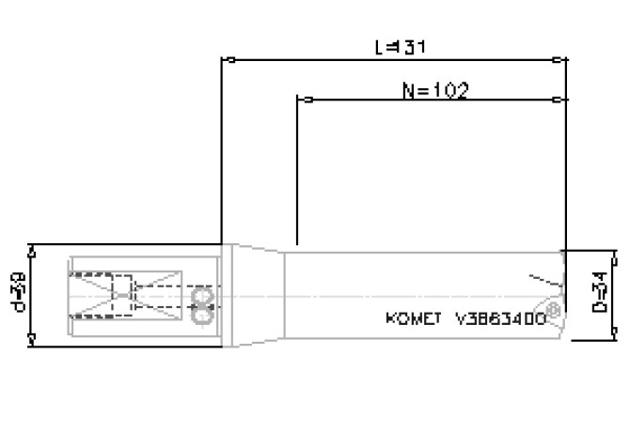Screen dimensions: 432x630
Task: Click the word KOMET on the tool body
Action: coord(413,318)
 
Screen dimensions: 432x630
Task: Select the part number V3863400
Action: coord(500,318)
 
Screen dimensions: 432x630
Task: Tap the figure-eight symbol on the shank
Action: coord(200,307)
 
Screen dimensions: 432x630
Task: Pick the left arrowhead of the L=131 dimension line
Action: coord(226,59)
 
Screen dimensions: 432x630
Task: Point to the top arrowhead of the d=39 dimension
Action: coord(33,250)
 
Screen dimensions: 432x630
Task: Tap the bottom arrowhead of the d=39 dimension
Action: coord(33,340)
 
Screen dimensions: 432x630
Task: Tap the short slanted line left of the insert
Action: coord(540,279)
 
